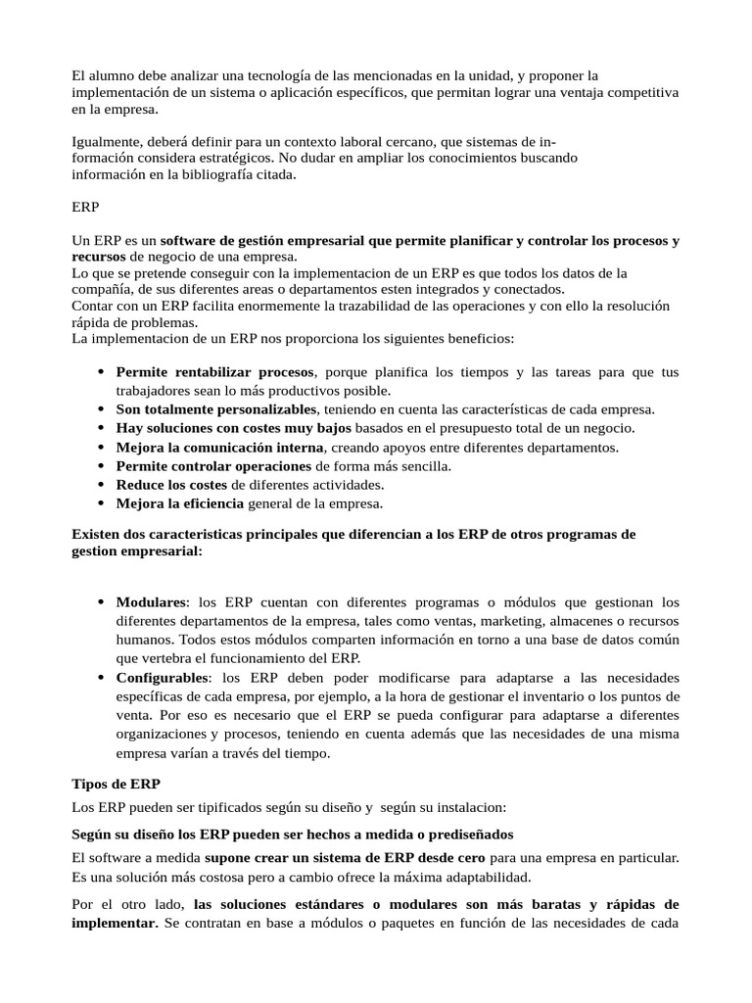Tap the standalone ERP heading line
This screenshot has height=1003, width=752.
tap(86, 208)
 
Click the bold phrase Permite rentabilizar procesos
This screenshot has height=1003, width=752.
tap(215, 372)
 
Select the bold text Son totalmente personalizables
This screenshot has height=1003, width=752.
tap(216, 409)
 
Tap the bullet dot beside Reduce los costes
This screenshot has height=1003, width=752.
tap(103, 485)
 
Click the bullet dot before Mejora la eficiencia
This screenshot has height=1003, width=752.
tap(103, 503)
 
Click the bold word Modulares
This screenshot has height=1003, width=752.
tap(151, 601)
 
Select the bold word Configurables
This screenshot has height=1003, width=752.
tap(162, 678)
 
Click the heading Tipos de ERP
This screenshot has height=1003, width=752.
tap(117, 785)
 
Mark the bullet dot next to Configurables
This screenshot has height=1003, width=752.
tap(103, 678)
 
